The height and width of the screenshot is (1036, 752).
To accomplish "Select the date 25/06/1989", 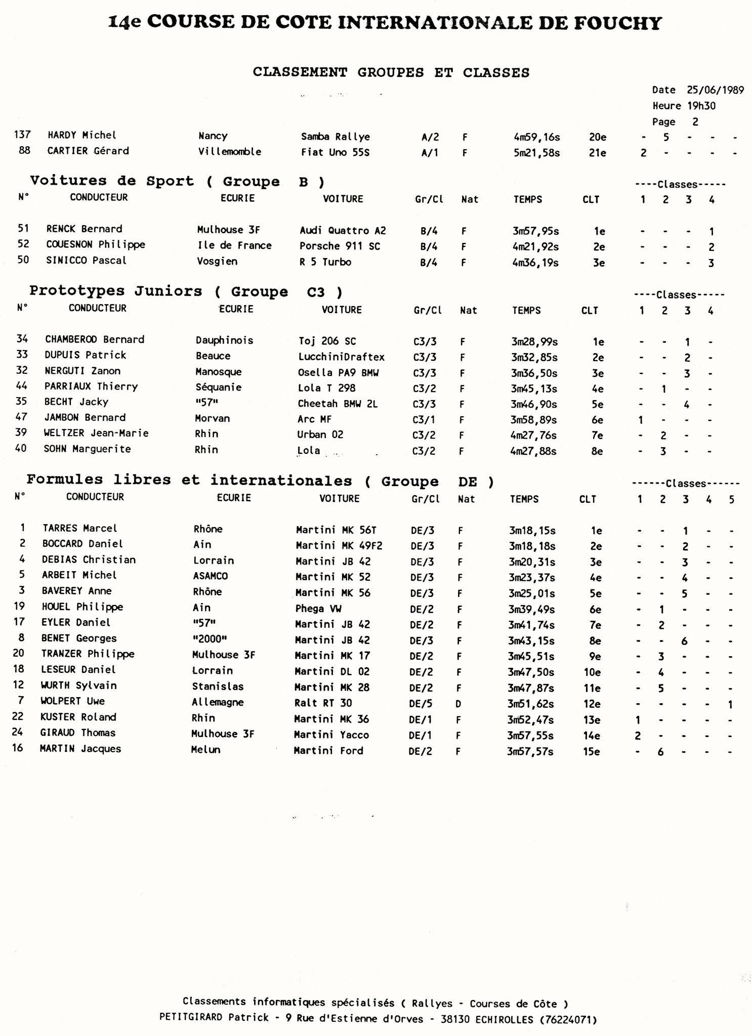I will tap(715, 90).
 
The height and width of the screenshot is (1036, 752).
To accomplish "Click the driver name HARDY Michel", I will tap(81, 135).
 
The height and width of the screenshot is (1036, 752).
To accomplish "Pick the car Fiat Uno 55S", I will tap(335, 152).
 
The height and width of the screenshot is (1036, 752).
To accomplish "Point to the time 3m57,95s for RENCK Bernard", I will tap(535, 231).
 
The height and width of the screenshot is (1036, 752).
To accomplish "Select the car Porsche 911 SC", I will tap(340, 246).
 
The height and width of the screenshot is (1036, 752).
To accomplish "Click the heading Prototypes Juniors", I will tap(115, 291).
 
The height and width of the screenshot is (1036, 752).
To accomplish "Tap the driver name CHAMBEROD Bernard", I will tap(95, 339).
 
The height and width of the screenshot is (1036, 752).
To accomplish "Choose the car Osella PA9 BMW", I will tap(338, 373).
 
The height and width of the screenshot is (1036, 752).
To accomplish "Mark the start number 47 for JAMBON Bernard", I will tap(21, 417).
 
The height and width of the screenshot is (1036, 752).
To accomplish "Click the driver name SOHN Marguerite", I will tap(88, 449).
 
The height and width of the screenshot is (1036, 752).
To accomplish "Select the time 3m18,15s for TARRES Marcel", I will tap(532, 531).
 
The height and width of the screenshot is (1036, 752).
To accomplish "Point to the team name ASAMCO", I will tap(210, 576).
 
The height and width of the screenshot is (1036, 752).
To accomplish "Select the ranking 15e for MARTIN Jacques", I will tap(591, 751).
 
